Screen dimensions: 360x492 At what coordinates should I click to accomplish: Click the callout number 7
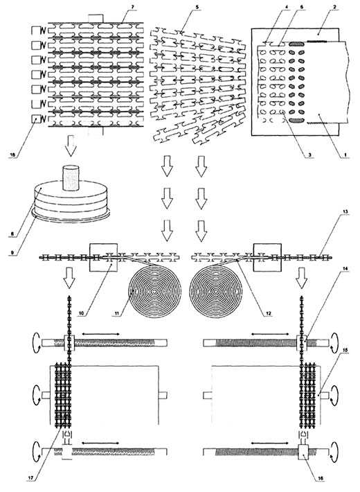click(135, 7)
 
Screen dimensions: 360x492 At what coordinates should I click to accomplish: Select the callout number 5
click(197, 7)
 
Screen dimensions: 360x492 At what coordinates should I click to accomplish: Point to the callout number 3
click(311, 155)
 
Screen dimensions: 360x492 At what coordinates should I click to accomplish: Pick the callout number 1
click(345, 155)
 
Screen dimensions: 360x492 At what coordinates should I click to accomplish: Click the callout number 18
click(12, 155)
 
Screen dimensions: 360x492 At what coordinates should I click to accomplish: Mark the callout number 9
click(12, 251)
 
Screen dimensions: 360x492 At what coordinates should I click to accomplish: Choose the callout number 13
click(345, 212)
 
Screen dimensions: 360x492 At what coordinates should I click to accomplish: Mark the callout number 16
click(320, 478)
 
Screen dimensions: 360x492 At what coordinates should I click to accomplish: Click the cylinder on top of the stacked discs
click(71, 177)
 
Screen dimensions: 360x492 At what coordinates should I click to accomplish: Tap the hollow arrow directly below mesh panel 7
click(71, 146)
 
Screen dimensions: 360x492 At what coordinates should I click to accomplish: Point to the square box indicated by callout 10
click(103, 258)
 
